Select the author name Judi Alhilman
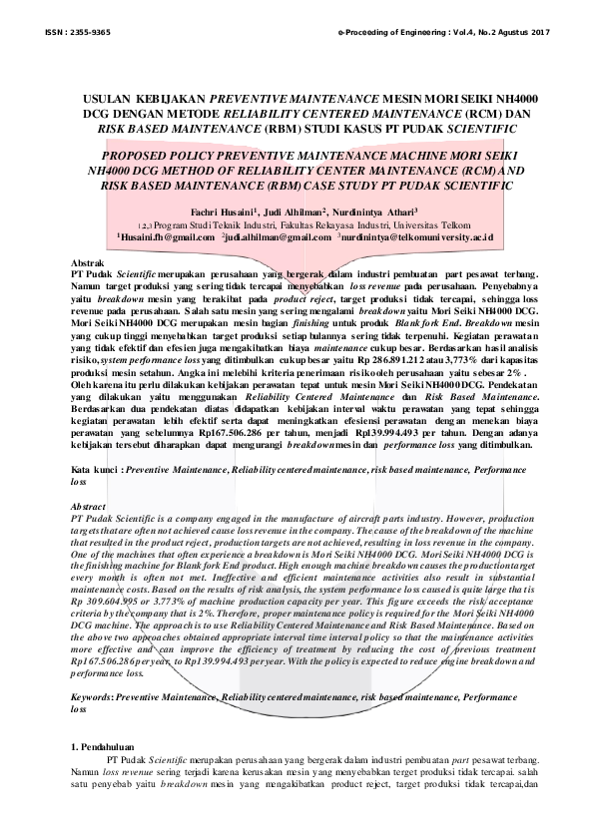point(298,212)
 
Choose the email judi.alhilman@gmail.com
point(277,239)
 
